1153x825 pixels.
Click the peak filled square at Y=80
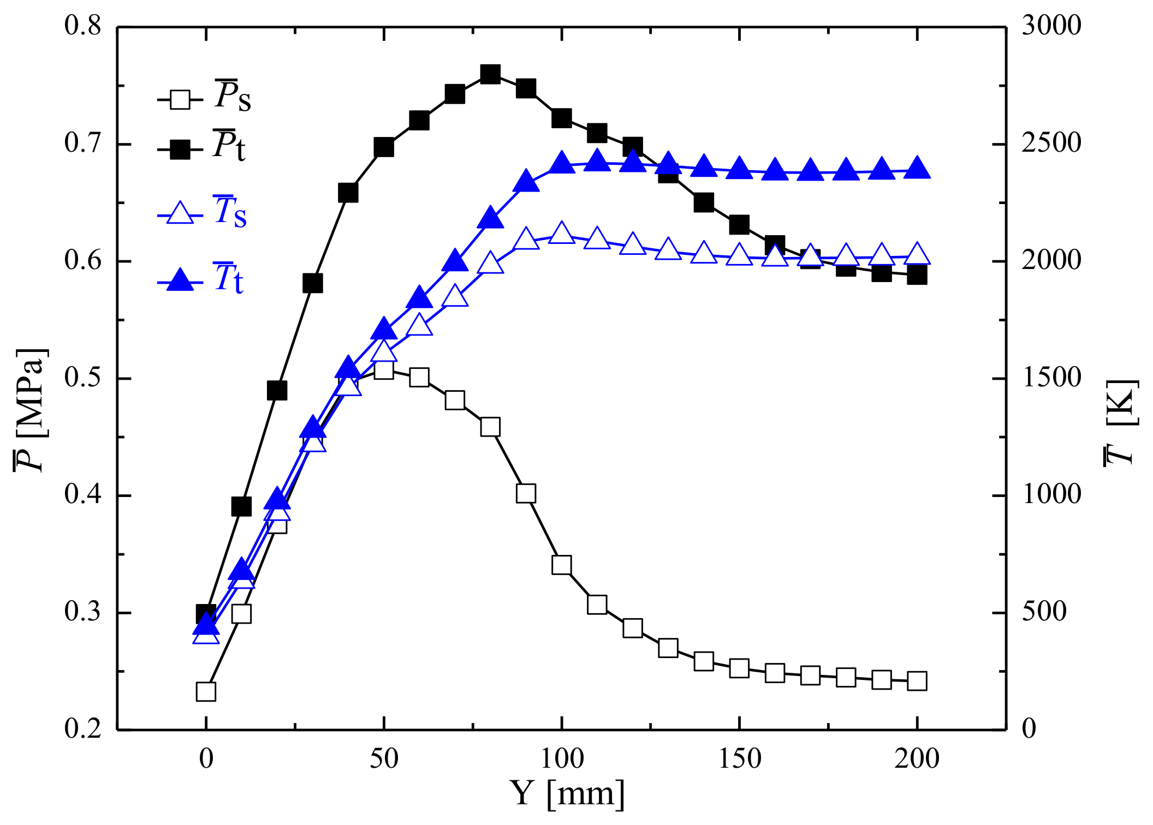coord(490,74)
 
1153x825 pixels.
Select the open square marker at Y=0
coord(206,691)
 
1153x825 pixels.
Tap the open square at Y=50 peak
coord(384,370)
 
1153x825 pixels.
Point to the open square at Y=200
coord(917,681)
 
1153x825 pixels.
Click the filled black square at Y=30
coord(312,283)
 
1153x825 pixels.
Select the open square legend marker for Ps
coord(180,100)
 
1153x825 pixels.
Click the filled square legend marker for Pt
coord(180,149)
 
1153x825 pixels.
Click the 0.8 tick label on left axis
coord(82,26)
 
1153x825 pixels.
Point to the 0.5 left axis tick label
coord(82,378)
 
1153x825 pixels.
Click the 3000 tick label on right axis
coord(1051,26)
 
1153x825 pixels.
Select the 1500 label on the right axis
coord(1051,378)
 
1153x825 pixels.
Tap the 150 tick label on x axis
coord(739,759)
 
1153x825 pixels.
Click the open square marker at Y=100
coord(561,565)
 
